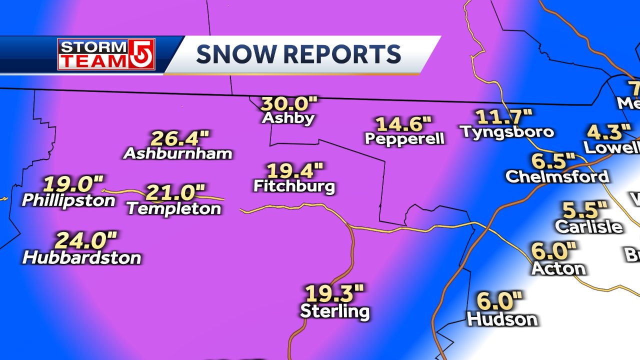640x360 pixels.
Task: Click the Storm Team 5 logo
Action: pos(106,54)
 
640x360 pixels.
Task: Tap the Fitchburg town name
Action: pos(294,186)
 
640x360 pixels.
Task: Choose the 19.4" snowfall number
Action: pos(295,171)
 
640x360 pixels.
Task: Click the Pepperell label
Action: pos(405,138)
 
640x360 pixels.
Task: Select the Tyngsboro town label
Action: pos(506,131)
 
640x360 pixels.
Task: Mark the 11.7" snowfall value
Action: pos(504,117)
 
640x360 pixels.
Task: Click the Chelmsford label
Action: pos(557,176)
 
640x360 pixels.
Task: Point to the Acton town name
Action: pos(558,268)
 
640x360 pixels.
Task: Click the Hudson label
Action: pos(502,319)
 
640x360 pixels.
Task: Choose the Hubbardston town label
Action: pos(82,258)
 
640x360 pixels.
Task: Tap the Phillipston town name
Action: pos(68,200)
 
